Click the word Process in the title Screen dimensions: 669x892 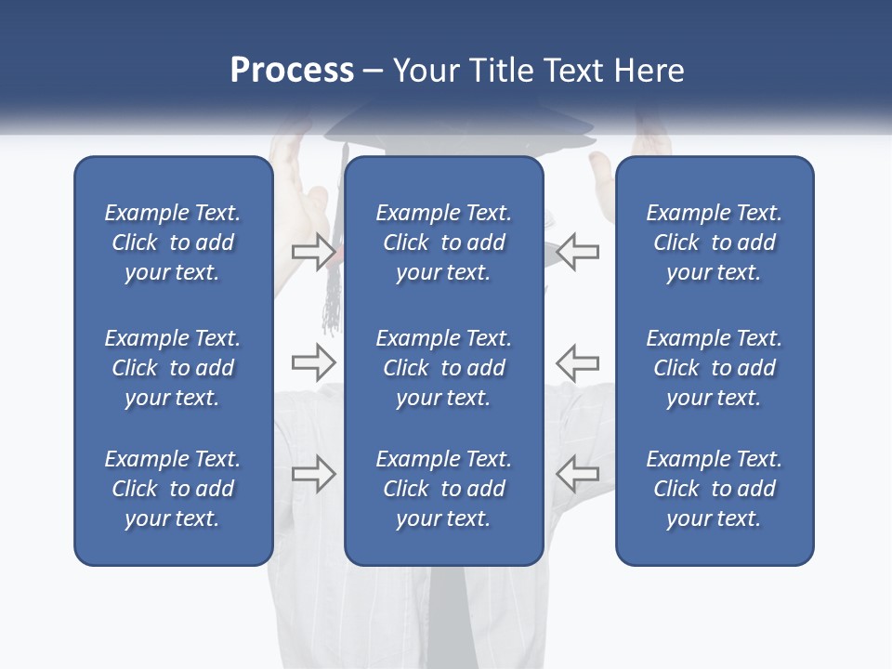pyautogui.click(x=292, y=71)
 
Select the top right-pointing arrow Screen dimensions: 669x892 pyautogui.click(x=313, y=251)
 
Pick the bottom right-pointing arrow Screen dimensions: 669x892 pyautogui.click(x=313, y=474)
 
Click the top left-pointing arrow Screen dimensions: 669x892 pyautogui.click(x=577, y=251)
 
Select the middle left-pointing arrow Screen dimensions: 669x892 pyautogui.click(x=577, y=361)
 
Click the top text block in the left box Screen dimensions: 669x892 pyautogui.click(x=173, y=243)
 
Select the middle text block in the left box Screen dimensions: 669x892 pyautogui.click(x=173, y=368)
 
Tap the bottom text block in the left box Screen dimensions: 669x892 pyautogui.click(x=173, y=489)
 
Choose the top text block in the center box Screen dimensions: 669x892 pyautogui.click(x=443, y=243)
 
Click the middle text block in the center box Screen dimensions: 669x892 pyautogui.click(x=443, y=368)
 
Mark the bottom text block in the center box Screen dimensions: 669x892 pyautogui.click(x=443, y=489)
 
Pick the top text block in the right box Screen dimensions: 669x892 pyautogui.click(x=714, y=243)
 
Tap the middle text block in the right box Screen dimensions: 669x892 pyautogui.click(x=714, y=368)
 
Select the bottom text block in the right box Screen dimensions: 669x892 pyautogui.click(x=714, y=489)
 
